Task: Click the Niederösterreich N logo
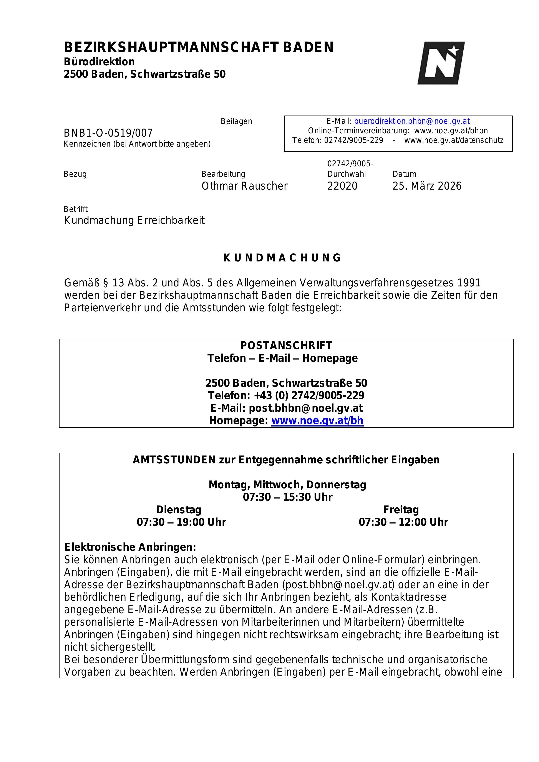(x=441, y=63)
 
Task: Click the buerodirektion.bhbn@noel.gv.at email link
(x=412, y=121)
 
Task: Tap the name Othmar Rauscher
(x=244, y=186)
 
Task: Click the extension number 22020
(x=342, y=186)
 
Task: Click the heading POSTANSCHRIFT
(x=286, y=345)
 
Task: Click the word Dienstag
(x=179, y=509)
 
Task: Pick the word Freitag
(x=401, y=509)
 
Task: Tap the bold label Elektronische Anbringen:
(x=130, y=547)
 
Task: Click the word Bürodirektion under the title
(x=99, y=62)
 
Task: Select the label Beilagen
(x=236, y=121)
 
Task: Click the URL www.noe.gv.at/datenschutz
(x=454, y=140)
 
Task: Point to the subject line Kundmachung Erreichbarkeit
(x=134, y=220)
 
